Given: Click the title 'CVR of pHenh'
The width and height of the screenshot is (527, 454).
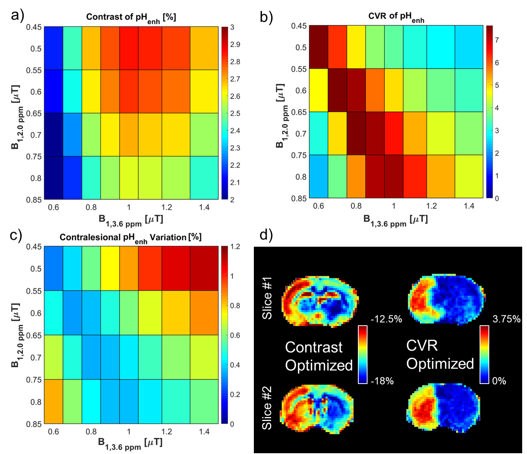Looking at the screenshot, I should [396, 17].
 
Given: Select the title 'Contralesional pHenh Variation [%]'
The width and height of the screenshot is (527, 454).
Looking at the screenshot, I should [131, 238].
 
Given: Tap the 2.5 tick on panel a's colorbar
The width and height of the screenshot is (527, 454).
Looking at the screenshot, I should [235, 113].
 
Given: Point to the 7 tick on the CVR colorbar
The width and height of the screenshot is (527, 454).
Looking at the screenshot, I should [496, 40].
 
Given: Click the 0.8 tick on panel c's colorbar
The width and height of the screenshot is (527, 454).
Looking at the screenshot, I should [235, 306].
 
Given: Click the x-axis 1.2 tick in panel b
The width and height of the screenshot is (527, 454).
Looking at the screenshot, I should [431, 206].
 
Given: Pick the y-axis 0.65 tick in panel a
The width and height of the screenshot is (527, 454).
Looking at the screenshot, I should [34, 113].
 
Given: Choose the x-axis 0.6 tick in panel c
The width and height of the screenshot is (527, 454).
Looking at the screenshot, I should [53, 432].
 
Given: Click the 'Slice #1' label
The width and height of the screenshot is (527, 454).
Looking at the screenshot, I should [267, 298].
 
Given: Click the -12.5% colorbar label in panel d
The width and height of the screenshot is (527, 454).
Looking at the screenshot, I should [386, 319].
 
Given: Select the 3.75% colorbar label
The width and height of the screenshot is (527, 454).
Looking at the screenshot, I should [507, 319].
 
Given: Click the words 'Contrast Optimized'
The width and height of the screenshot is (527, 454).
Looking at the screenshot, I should [319, 356].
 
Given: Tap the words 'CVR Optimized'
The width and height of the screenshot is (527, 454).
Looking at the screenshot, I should [440, 355].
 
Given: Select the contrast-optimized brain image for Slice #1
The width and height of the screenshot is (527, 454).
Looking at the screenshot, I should [320, 300].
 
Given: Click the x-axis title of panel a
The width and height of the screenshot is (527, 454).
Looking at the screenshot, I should [131, 220].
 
